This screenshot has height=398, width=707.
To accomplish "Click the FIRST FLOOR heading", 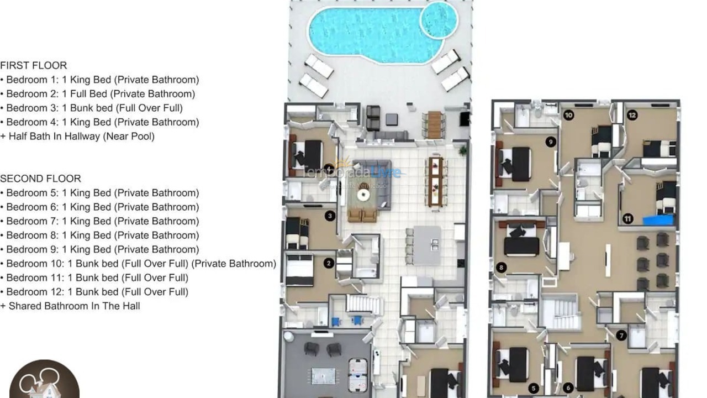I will (x=34, y=65).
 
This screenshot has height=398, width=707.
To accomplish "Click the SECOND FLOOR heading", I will (x=41, y=179).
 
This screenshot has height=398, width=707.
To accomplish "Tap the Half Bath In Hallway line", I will (x=77, y=136).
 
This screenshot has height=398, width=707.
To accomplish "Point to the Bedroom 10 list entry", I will (x=138, y=264).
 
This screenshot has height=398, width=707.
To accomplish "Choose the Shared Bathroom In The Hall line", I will (x=70, y=306).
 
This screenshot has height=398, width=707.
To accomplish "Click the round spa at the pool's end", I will (x=439, y=20).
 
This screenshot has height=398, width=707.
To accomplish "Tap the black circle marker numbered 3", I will (x=330, y=216).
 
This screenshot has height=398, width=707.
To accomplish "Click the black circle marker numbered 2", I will (x=329, y=263).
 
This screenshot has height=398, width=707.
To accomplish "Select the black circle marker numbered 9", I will (x=550, y=142).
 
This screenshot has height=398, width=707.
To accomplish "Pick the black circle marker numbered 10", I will (x=568, y=116).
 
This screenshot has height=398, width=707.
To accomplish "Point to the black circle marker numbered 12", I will (x=632, y=116).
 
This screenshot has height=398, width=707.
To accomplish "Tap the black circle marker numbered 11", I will (x=628, y=219).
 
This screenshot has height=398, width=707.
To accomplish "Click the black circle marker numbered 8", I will (x=502, y=268).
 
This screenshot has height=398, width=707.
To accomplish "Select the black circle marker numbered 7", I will (x=622, y=335).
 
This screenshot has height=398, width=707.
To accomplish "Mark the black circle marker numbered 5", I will (x=533, y=389).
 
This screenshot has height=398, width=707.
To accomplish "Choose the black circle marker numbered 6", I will (x=568, y=389).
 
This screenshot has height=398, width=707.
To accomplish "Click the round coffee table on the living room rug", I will (x=363, y=195).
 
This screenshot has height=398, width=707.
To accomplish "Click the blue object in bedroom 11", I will (x=658, y=221).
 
